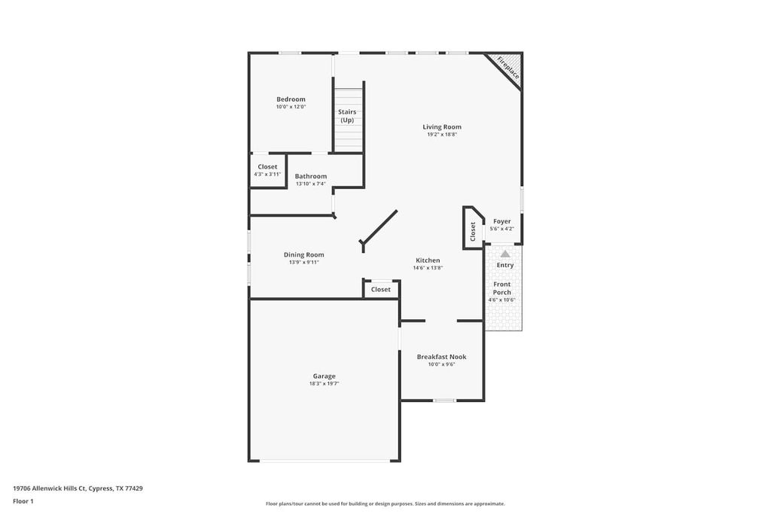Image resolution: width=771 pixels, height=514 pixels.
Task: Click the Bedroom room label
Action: tap(291, 99)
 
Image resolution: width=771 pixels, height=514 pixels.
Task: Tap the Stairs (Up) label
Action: tap(347, 116)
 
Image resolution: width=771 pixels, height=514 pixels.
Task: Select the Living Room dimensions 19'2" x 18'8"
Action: tap(441, 135)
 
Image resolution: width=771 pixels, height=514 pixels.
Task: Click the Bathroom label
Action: tap(310, 176)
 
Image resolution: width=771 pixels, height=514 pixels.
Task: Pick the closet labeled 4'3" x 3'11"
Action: tap(267, 170)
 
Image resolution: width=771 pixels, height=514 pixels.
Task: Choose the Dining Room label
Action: tap(303, 254)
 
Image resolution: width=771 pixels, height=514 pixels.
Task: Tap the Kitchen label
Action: tap(427, 260)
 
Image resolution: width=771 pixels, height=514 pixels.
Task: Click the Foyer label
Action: tap(501, 221)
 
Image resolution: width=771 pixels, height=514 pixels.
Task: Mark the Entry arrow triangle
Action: tap(505, 254)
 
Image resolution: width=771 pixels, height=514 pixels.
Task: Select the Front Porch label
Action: tap(501, 288)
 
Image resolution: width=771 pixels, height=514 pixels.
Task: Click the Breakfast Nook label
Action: tap(441, 357)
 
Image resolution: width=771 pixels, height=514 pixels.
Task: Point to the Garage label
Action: tap(325, 376)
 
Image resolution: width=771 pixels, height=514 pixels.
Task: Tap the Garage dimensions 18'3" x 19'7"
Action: tap(325, 384)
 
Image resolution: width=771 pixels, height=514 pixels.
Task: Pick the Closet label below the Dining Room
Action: tap(381, 290)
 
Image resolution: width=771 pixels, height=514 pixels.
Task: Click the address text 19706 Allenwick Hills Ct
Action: tap(78, 488)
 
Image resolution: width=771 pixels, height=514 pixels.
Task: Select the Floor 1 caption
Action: tap(23, 501)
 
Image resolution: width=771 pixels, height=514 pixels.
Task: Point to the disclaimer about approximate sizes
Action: tap(385, 504)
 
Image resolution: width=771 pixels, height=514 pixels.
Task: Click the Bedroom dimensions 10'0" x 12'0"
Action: tap(291, 107)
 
